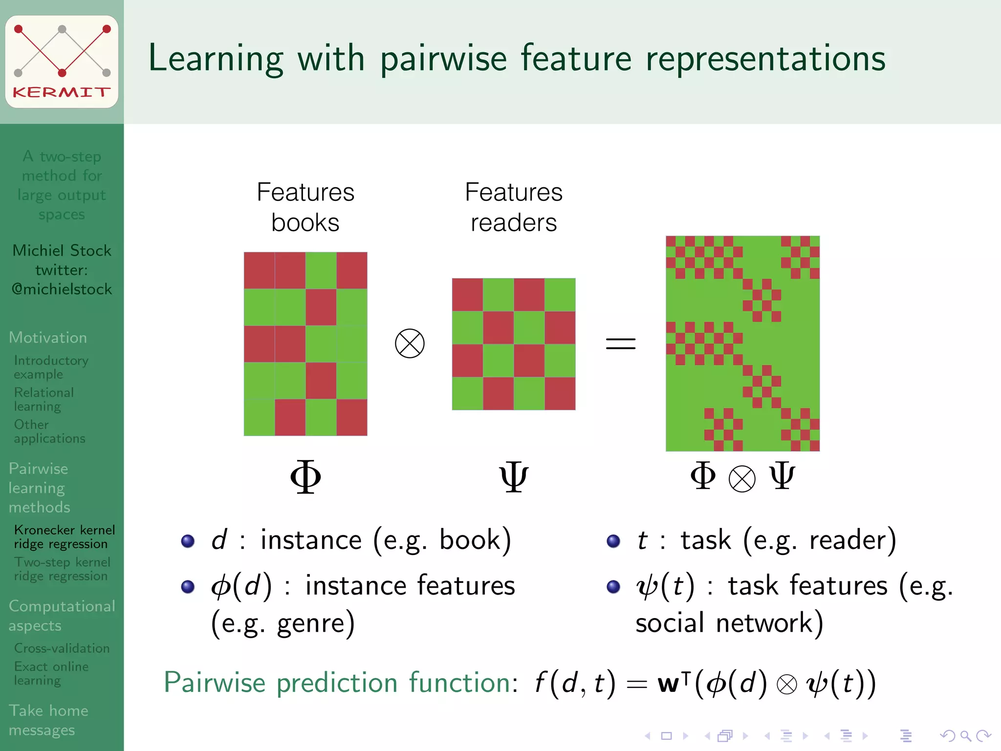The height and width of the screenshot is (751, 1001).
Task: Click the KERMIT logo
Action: point(62,62)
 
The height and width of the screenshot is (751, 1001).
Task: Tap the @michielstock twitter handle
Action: point(62,289)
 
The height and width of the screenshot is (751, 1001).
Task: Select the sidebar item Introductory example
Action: point(50,367)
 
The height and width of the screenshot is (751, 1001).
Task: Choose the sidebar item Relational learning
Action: point(44,399)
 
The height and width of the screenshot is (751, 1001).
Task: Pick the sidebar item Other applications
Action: point(49,432)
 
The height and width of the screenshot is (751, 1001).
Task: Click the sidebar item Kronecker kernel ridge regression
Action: point(64,537)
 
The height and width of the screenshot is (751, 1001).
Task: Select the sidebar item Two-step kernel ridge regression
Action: point(62,569)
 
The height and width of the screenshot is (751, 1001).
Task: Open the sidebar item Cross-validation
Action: point(62,648)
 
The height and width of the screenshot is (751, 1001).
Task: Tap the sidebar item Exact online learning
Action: point(51,673)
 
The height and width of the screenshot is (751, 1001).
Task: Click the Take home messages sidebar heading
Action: point(48,720)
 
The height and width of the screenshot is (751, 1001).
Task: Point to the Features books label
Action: point(305,207)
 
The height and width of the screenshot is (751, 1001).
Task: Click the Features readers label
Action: point(513,207)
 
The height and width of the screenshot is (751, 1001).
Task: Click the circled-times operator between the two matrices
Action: point(410,343)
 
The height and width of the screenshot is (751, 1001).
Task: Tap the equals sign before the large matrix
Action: point(620,343)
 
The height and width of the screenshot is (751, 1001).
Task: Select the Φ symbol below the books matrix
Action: point(305,477)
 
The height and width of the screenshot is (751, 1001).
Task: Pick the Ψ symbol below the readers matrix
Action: point(513,477)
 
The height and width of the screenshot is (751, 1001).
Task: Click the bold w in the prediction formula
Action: point(668,684)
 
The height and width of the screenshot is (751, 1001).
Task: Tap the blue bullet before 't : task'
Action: point(613,541)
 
